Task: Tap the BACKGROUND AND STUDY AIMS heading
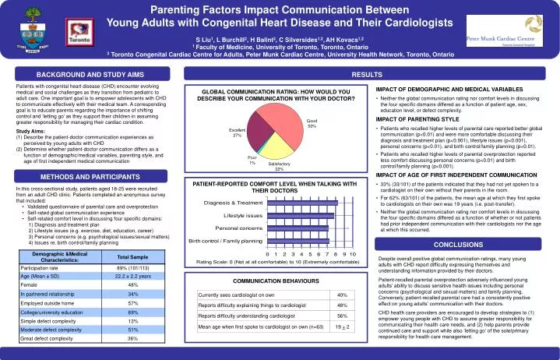[x=90, y=73]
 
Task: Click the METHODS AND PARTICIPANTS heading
[x=90, y=177]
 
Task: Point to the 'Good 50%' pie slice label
[x=312, y=123]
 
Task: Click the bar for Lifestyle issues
[x=301, y=214]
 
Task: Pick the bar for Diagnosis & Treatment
[x=301, y=202]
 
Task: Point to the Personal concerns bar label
[x=238, y=228]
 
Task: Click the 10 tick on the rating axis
[x=353, y=254]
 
